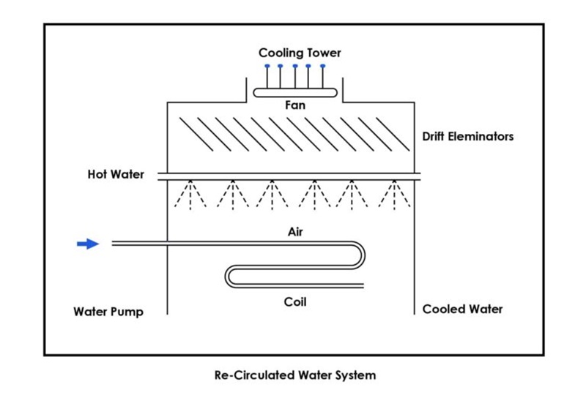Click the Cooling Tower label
click(300, 53)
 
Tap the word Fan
click(295, 105)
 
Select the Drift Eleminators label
click(468, 137)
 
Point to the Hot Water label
click(115, 175)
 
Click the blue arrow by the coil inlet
click(88, 244)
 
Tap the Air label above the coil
click(295, 232)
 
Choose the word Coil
click(295, 301)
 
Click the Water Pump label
click(108, 312)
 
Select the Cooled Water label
click(462, 309)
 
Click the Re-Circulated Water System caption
click(294, 375)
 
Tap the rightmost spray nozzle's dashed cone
click(396, 195)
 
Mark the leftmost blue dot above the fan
click(267, 67)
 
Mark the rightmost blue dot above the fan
click(322, 67)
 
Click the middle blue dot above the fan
click(295, 67)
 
